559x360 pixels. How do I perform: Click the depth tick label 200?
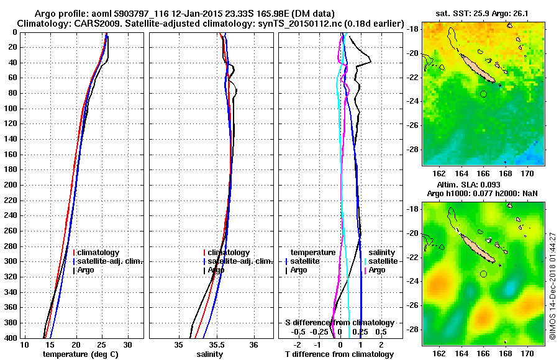(x=11, y=185)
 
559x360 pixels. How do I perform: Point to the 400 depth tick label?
(x=11, y=338)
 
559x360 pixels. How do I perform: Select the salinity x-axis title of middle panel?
(x=211, y=354)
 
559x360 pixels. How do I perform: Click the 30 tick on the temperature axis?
(x=127, y=344)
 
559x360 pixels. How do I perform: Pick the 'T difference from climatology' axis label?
(x=339, y=354)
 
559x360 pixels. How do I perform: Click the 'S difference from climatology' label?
(x=339, y=323)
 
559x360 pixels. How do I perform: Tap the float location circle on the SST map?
(x=483, y=94)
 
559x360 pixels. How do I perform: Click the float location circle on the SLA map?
(x=483, y=274)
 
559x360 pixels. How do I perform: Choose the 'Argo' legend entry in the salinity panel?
(x=216, y=270)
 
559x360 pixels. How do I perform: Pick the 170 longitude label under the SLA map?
(x=527, y=353)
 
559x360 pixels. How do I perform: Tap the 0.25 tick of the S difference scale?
(x=359, y=331)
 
